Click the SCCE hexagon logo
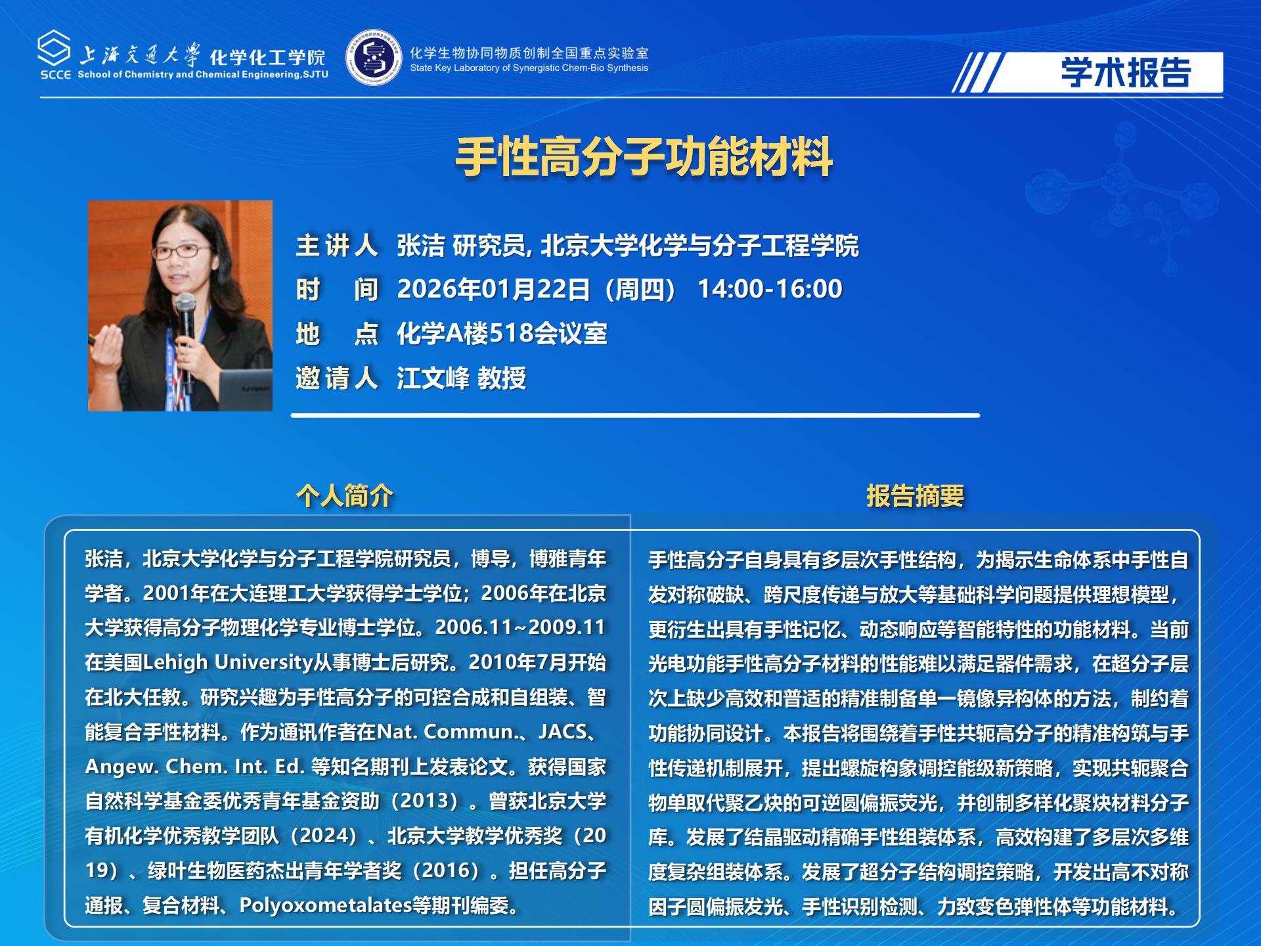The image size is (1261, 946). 55,48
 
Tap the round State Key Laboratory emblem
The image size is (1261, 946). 374,57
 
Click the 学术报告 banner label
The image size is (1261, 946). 1126,72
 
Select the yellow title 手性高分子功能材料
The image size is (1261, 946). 644,157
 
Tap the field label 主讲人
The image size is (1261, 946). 336,246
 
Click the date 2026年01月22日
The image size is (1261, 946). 493,289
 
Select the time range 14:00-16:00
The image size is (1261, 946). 769,289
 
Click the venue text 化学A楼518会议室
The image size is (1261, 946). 502,334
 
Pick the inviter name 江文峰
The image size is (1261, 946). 433,378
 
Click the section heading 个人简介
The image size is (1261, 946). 345,495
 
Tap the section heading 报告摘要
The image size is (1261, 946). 915,496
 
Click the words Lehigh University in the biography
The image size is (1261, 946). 227,662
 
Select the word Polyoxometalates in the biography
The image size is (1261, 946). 325,905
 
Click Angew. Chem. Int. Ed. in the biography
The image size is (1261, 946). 194,767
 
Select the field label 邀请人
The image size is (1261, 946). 336,378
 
